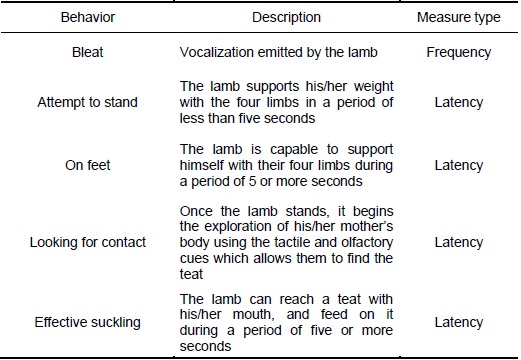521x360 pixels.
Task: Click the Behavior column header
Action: coord(88,17)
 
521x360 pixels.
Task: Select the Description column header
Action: coord(286,17)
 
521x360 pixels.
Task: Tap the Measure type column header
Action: coord(459,18)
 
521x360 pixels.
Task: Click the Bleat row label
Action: coord(88,52)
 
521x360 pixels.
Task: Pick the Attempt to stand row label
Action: coord(87,102)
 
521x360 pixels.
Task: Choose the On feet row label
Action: coord(88,165)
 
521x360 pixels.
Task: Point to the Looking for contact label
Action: coord(88,242)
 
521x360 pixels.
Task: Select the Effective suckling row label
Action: coord(88,322)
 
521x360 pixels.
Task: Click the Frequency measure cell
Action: coord(459,53)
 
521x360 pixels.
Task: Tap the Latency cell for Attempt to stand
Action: coord(459,103)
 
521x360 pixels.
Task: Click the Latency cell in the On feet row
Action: coord(459,166)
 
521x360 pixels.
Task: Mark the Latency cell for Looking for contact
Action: coord(459,243)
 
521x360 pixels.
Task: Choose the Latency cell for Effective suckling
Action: coord(459,323)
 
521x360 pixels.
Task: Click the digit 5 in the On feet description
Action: coord(252,181)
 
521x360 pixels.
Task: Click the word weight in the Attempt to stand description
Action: coord(373,87)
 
